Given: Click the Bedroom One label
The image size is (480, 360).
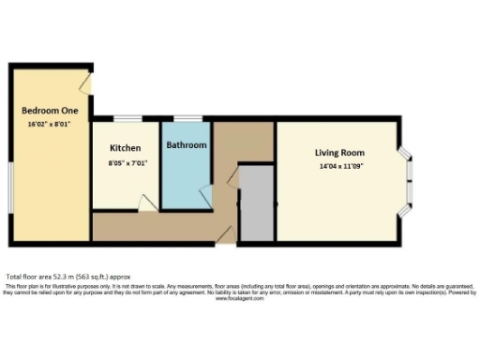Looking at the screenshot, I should (51, 111).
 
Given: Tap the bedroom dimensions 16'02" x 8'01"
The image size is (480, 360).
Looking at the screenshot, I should (51, 123).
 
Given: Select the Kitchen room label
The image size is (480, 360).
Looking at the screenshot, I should (126, 148).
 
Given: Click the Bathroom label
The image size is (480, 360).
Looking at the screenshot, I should (186, 145).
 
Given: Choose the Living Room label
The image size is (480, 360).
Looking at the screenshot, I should (338, 153).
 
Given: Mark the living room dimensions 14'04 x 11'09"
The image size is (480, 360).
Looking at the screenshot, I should (338, 166).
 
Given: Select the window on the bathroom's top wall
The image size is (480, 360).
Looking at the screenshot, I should (187, 119).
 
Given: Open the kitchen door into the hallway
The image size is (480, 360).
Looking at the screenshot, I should (145, 202).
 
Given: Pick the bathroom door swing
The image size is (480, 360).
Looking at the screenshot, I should (205, 195).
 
